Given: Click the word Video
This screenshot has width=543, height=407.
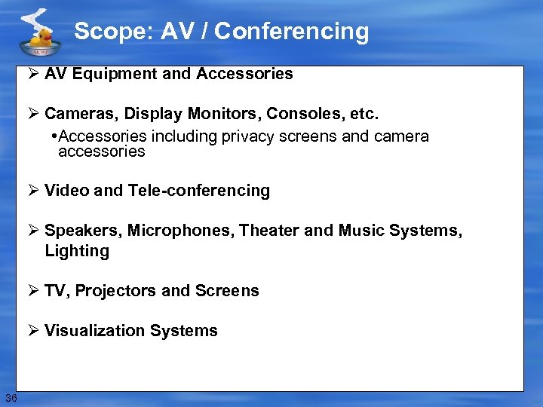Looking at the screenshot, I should point(66,191).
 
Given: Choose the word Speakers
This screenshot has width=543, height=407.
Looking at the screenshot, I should point(83,231).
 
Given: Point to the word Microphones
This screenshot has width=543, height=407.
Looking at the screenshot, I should point(180,231).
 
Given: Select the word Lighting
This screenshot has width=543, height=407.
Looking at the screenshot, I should point(77,251).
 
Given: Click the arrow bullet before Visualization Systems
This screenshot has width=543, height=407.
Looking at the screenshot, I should point(35,331).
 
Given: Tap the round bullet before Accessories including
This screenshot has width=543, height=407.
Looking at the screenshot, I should point(54,136).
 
